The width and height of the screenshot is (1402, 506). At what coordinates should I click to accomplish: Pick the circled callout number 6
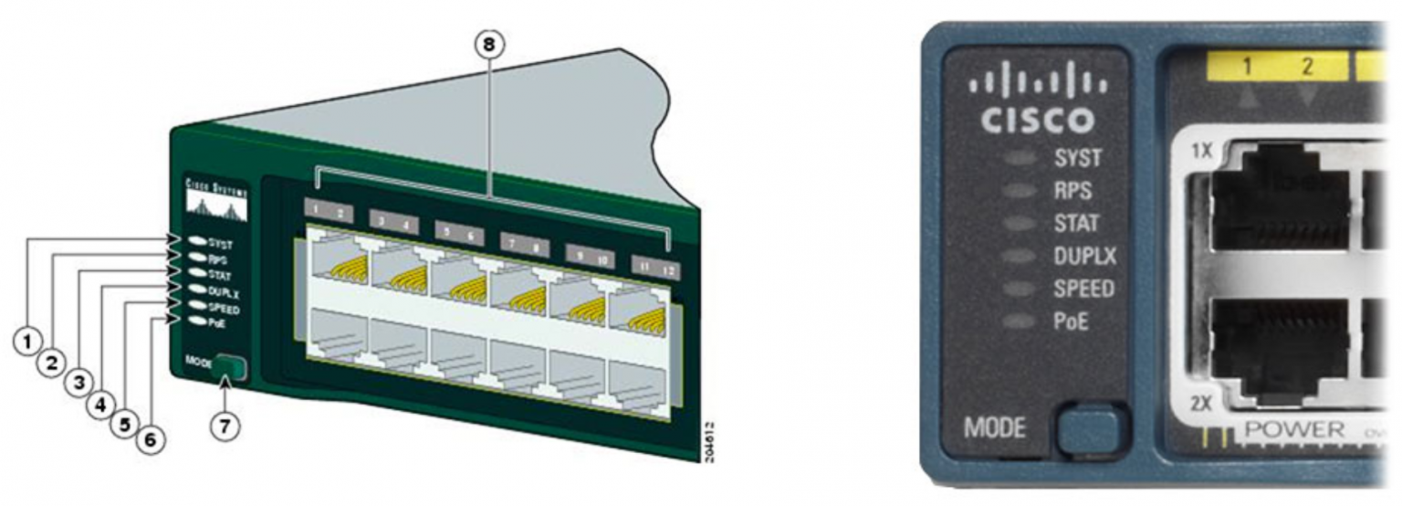(x=151, y=439)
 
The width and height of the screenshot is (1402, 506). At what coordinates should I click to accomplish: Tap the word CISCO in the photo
(x=1036, y=120)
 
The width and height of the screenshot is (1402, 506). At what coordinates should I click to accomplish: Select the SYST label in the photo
(x=1077, y=158)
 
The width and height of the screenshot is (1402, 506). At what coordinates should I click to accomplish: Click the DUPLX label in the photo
(x=1084, y=256)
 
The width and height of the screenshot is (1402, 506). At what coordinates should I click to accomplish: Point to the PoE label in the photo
(x=1072, y=322)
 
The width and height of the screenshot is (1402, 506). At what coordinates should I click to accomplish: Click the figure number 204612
(x=709, y=441)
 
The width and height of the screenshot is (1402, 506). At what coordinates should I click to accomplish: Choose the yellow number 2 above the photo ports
(x=1306, y=66)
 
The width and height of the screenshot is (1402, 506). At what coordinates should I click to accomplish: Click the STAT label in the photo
(x=1076, y=223)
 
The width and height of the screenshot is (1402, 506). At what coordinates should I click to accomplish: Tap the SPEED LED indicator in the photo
(x=1019, y=290)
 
